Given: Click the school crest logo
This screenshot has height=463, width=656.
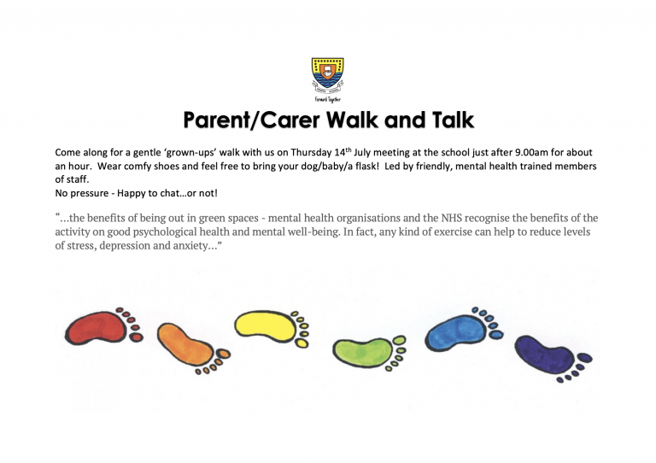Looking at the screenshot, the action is (x=328, y=75).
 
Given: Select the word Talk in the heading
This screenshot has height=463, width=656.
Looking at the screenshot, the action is (x=453, y=120).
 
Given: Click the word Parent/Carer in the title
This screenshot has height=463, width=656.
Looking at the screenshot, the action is (x=252, y=120).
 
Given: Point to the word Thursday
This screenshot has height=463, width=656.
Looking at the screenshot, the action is (x=311, y=152).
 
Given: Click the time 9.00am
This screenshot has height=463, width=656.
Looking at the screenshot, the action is (x=531, y=152).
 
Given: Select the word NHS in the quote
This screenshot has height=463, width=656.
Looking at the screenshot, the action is (x=451, y=218).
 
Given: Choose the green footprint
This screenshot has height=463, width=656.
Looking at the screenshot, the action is (x=369, y=353).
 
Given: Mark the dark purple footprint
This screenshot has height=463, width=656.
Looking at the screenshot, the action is (x=553, y=358).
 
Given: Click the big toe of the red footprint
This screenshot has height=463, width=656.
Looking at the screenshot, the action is (x=136, y=337).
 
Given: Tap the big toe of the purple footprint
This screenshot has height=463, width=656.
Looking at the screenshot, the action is (x=585, y=358).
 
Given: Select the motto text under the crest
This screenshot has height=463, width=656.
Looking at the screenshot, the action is (x=328, y=100).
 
